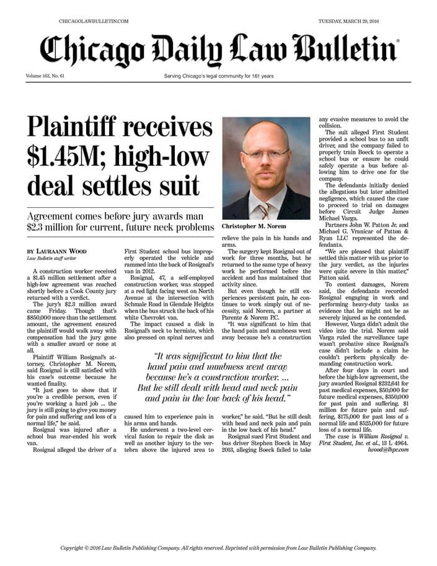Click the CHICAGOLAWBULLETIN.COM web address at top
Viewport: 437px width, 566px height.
(x=94, y=21)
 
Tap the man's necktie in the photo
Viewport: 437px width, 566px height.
(x=265, y=209)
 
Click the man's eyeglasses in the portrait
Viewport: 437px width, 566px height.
(x=265, y=153)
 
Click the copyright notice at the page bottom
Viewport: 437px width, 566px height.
(x=218, y=548)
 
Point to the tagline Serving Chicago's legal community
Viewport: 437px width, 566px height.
(x=219, y=76)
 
